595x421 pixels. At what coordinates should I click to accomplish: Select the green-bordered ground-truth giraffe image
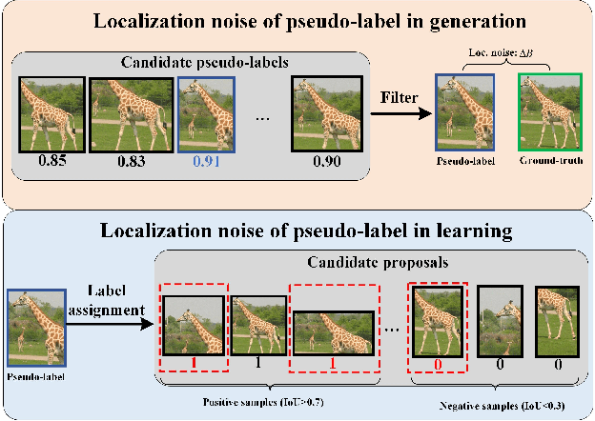coord(545,112)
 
